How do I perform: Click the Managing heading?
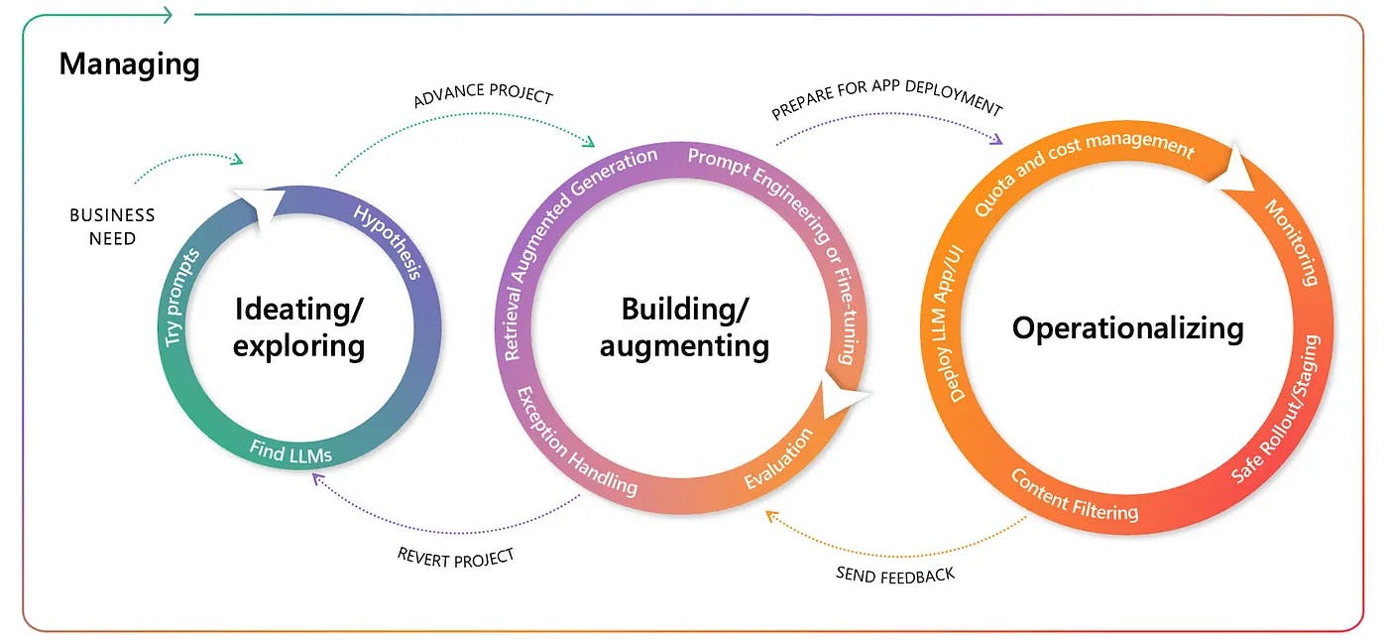tap(129, 64)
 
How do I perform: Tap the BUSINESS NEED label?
tap(112, 226)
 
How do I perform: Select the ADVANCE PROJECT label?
tap(483, 96)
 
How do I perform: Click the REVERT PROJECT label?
tap(456, 558)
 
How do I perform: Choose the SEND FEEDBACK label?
tap(895, 574)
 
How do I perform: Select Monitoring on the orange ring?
tap(1292, 242)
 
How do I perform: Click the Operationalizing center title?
tap(1127, 328)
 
